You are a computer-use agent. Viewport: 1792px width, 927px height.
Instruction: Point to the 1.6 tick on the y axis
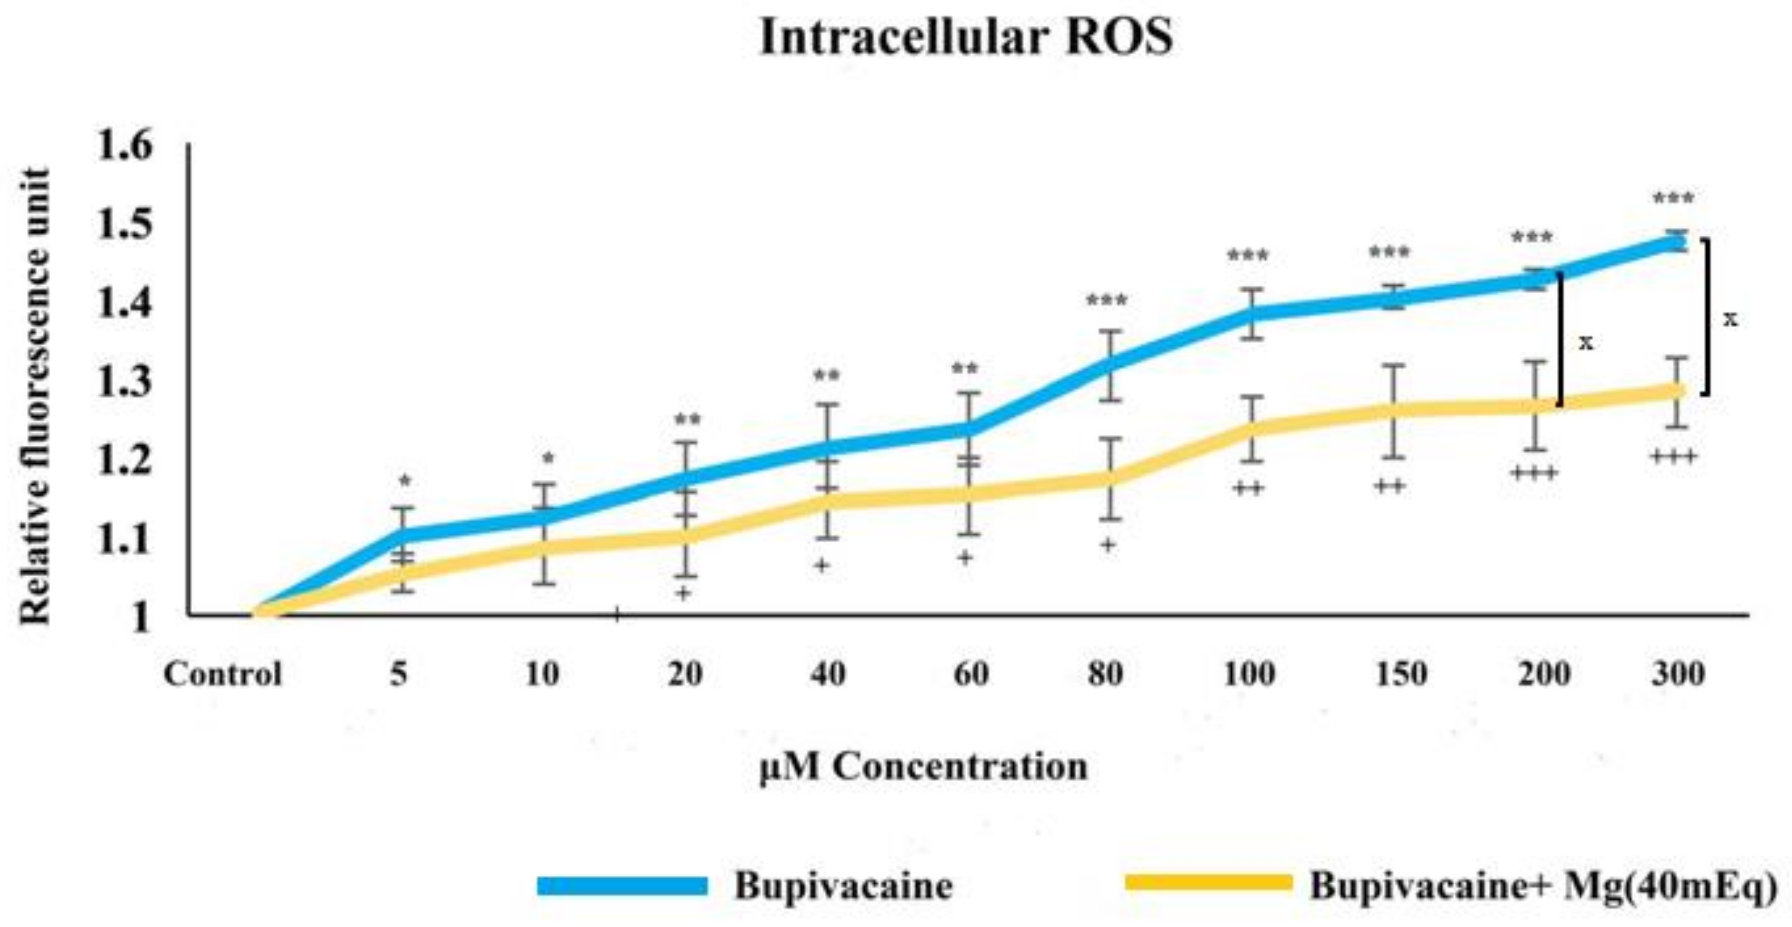125,147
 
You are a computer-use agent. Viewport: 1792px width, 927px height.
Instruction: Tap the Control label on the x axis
222,674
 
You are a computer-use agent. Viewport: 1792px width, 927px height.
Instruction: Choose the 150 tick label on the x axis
1401,674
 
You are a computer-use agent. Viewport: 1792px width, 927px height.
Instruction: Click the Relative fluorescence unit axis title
35,397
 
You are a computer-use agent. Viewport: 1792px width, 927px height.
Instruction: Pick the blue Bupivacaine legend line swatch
623,886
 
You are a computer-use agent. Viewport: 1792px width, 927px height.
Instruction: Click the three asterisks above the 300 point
1673,200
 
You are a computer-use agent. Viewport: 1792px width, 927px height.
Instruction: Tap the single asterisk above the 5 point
405,481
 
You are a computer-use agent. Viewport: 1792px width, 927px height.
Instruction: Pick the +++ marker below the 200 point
1533,474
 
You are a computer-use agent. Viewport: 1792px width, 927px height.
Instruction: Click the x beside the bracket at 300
1730,319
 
